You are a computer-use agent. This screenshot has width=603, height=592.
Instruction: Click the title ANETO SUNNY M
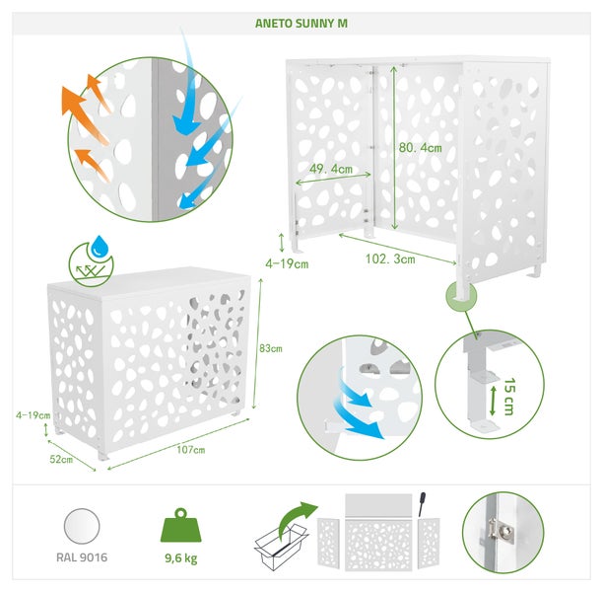coord(301,23)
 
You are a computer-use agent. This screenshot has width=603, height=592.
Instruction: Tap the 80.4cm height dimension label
coord(420,148)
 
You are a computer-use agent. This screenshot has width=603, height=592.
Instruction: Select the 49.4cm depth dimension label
coord(331,169)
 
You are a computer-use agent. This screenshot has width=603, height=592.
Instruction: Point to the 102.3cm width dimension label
coord(390,259)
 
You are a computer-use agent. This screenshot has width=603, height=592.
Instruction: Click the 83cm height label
coord(271,348)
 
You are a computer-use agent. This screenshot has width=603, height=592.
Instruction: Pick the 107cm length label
coord(191,450)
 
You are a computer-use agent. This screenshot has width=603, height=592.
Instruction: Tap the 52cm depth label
coord(61,459)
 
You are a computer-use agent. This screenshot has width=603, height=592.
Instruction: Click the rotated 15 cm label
coord(508,397)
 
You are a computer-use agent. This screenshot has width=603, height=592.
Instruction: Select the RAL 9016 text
coord(82,557)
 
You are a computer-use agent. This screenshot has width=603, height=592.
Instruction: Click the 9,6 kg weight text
coord(180,558)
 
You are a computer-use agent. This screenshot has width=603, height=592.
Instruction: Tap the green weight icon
coord(180,526)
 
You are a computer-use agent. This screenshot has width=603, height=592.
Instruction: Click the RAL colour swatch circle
coord(82,526)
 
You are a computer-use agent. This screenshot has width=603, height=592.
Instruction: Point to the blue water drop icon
coord(100,247)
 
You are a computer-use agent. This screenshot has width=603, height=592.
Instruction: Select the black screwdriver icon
coord(422,504)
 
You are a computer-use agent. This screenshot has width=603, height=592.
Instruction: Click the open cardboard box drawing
coord(281,546)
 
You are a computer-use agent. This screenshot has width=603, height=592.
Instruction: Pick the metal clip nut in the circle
coord(502,531)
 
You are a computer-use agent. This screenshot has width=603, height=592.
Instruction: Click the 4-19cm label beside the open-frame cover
coord(287,263)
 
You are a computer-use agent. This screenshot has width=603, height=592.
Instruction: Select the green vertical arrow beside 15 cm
coord(493,401)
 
